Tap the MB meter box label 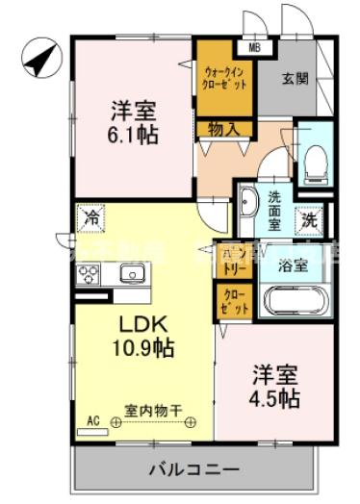point(255,45)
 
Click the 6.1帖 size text point(132,135)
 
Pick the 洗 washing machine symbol point(310,219)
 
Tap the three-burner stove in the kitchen point(88,274)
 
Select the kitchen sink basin point(132,273)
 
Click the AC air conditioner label point(93,421)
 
